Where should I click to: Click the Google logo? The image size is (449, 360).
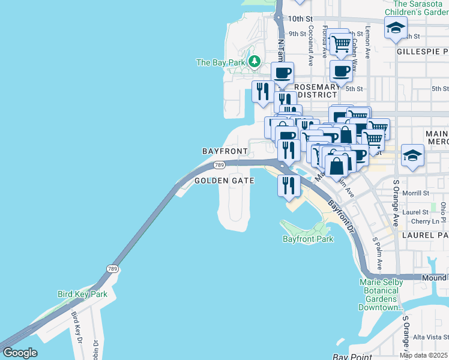[20, 353]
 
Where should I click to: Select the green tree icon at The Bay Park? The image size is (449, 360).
[255, 62]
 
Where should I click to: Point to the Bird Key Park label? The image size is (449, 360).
[82, 294]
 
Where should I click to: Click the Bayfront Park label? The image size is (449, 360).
[308, 239]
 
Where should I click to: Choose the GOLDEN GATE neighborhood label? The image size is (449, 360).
[224, 181]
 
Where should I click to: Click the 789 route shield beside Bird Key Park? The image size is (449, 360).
[113, 268]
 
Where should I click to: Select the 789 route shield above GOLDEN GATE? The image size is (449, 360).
[219, 165]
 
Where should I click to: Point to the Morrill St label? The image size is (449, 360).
[416, 193]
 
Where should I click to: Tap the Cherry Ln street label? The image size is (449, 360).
[415, 221]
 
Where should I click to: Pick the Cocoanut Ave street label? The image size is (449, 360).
[311, 37]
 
